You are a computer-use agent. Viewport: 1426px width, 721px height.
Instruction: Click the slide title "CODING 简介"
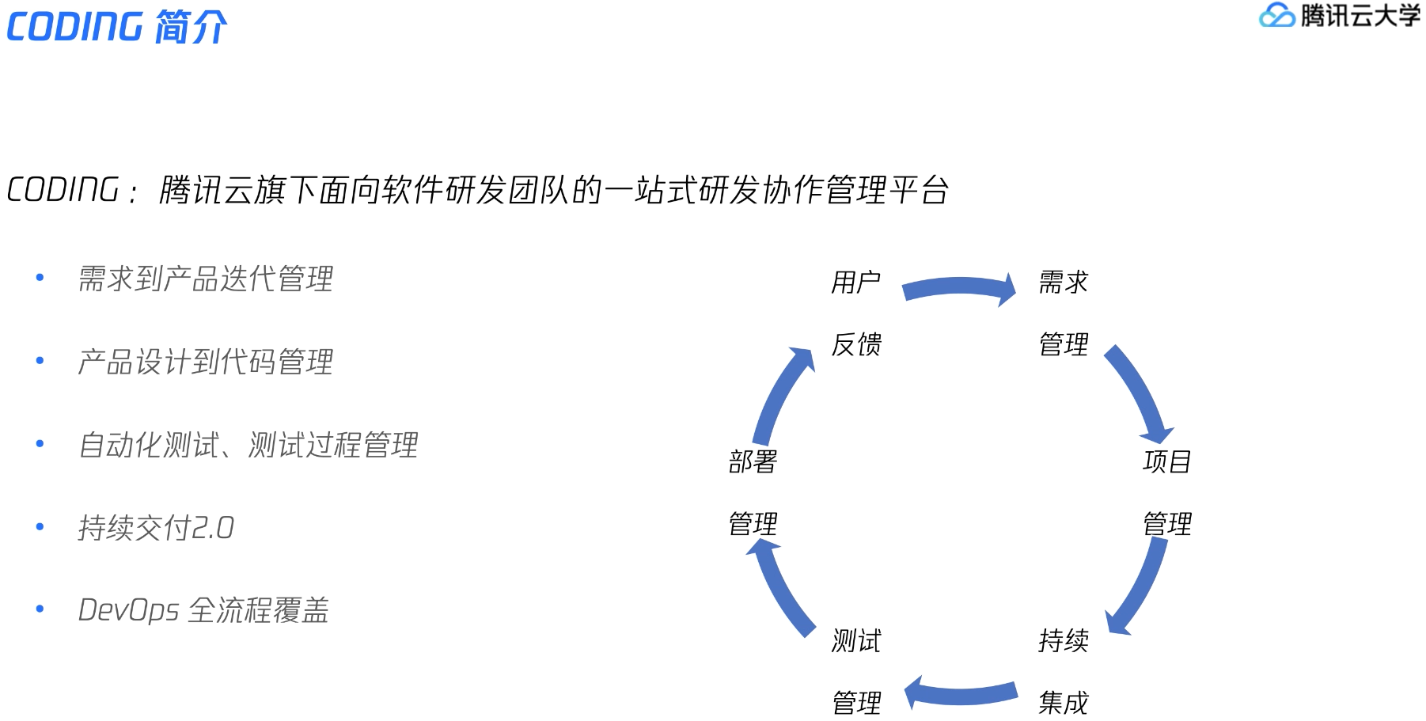[x=117, y=27]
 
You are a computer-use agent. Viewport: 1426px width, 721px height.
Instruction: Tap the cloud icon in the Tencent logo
[x=1276, y=15]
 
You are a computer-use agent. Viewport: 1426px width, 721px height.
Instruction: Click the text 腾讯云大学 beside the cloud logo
[x=1360, y=15]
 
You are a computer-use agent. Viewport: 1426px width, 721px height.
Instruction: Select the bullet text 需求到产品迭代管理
[x=205, y=279]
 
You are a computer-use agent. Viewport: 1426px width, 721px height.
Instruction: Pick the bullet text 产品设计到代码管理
[x=205, y=362]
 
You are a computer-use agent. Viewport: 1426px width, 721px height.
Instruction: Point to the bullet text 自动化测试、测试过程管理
[x=248, y=445]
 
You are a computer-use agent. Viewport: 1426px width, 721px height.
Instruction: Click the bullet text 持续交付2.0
[x=156, y=528]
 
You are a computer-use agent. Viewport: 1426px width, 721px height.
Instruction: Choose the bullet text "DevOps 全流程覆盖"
[x=203, y=610]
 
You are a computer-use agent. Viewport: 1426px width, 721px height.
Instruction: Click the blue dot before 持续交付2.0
[x=40, y=527]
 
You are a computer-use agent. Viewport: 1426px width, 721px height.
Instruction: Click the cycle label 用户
[x=855, y=282]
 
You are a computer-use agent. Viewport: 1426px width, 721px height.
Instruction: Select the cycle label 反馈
[x=855, y=344]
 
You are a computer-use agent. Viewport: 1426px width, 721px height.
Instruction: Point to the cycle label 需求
[x=1063, y=282]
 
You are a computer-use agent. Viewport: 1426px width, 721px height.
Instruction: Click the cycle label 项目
[x=1166, y=461]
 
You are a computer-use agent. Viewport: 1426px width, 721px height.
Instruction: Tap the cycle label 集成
[x=1063, y=702]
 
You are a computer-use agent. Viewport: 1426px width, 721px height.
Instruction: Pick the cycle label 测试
[x=855, y=640]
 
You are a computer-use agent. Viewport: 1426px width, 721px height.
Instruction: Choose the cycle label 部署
[x=753, y=461]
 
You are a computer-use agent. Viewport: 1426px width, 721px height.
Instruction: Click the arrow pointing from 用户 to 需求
[x=959, y=288]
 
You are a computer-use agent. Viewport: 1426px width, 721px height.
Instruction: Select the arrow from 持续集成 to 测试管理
[x=961, y=694]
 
